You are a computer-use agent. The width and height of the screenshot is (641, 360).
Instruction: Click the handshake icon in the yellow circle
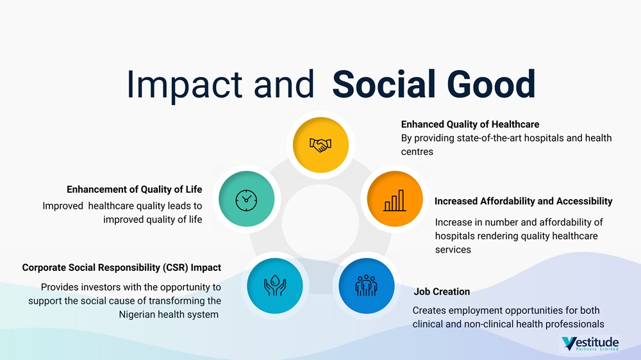pyautogui.click(x=320, y=145)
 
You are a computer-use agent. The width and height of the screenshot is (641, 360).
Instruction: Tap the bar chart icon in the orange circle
pyautogui.click(x=395, y=200)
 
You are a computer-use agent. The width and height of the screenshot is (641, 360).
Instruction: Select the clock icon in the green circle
pyautogui.click(x=247, y=200)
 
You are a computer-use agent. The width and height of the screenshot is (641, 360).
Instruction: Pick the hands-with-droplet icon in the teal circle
pyautogui.click(x=275, y=285)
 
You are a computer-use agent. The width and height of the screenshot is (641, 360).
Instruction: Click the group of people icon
pyautogui.click(x=366, y=285)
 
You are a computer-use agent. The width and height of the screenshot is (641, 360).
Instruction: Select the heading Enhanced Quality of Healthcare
pyautogui.click(x=470, y=124)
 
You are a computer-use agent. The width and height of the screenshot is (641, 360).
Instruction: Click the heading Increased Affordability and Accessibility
pyautogui.click(x=523, y=201)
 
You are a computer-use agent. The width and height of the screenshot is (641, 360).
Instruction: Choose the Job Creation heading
pyautogui.click(x=442, y=291)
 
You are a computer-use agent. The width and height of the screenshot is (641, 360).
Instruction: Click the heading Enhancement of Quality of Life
pyautogui.click(x=135, y=189)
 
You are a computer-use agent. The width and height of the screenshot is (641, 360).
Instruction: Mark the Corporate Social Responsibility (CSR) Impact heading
pyautogui.click(x=121, y=268)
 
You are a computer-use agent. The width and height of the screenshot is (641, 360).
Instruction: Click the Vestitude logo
pyautogui.click(x=590, y=343)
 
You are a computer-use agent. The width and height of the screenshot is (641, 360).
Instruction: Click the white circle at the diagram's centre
pyautogui.click(x=320, y=223)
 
